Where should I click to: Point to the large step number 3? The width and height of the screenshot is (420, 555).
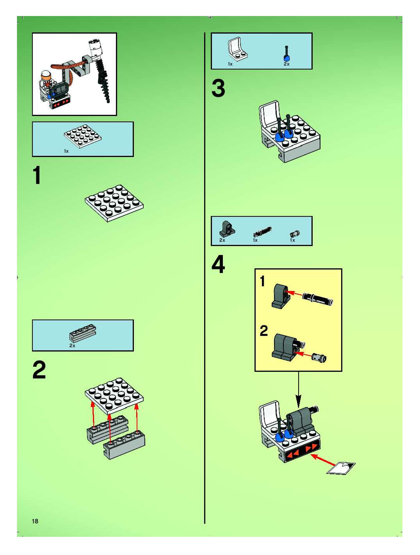pos(218,89)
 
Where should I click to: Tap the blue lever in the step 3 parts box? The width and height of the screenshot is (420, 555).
pos(287,54)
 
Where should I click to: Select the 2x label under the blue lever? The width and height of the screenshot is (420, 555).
pos(287,64)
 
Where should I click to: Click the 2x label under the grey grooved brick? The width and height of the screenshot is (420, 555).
pos(72,346)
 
